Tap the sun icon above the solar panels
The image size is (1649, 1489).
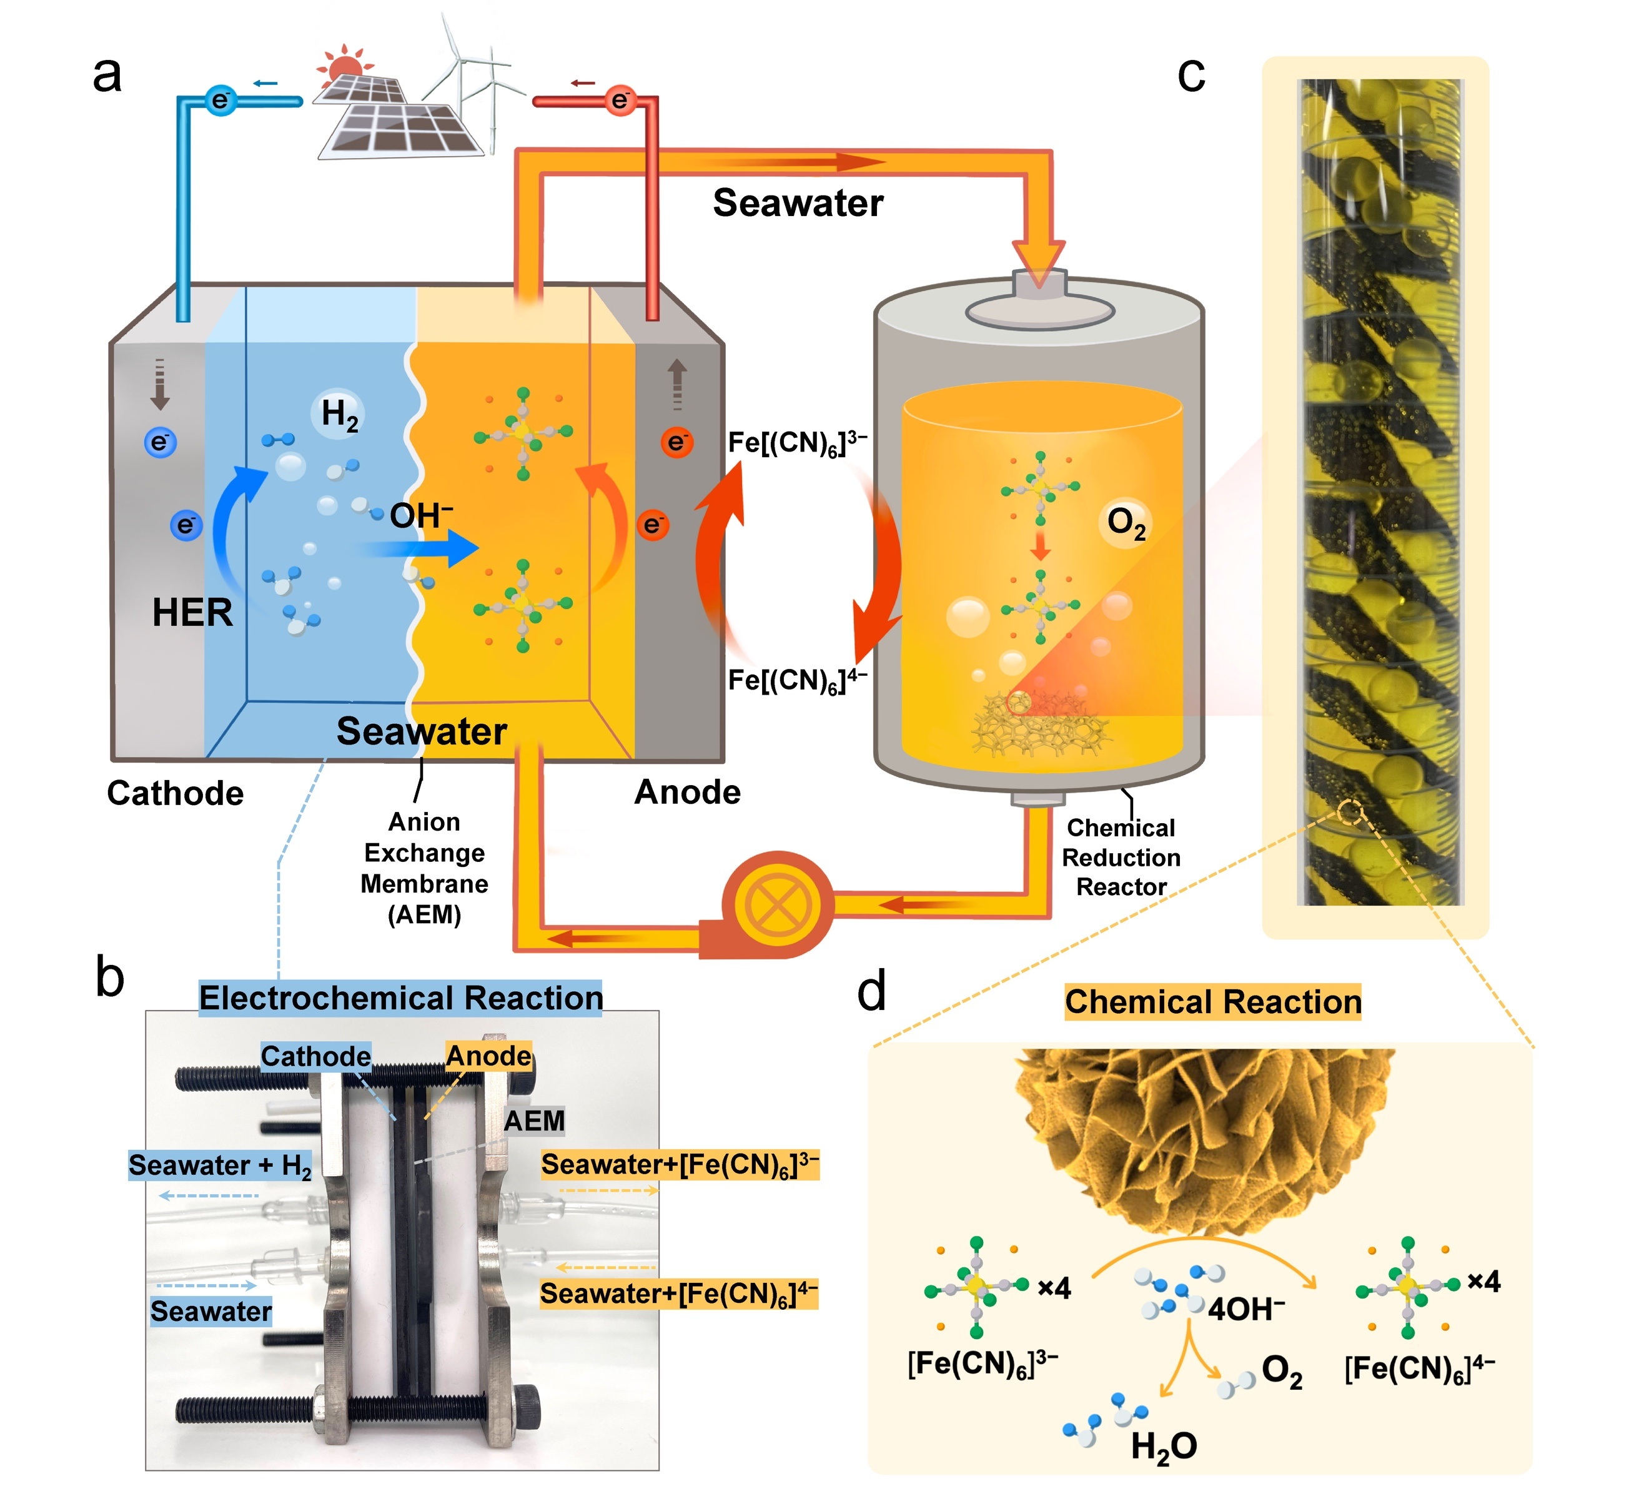tap(344, 64)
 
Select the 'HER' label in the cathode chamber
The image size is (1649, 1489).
tap(192, 613)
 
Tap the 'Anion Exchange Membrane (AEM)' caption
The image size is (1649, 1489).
tap(425, 868)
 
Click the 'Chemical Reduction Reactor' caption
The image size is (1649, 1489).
tap(1121, 857)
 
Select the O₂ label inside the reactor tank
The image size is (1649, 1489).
tap(1126, 523)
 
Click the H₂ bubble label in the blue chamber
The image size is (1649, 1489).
tap(339, 415)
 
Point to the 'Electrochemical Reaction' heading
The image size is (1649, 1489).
tap(401, 998)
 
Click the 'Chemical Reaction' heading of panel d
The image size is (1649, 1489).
tap(1213, 1002)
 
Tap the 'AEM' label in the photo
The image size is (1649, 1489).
tap(534, 1121)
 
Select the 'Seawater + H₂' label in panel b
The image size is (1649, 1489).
tap(220, 1165)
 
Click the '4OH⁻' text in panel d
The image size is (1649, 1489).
tap(1245, 1309)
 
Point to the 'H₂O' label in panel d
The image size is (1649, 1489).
tap(1164, 1447)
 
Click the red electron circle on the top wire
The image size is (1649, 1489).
tap(620, 101)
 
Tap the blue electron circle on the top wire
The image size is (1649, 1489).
tap(220, 101)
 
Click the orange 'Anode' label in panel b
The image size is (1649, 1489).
tap(488, 1056)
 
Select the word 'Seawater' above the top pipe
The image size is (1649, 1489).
tap(798, 203)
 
